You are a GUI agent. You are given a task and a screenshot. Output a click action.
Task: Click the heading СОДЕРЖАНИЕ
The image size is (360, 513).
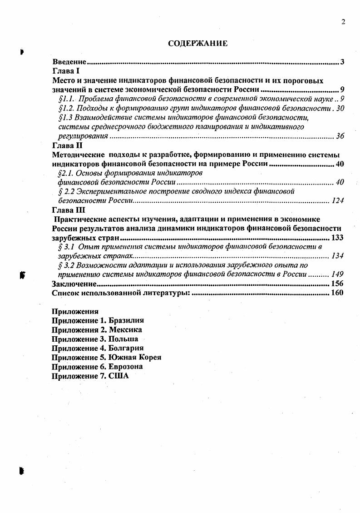click(x=197, y=44)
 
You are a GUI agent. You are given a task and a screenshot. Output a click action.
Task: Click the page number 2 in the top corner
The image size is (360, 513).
click(x=343, y=22)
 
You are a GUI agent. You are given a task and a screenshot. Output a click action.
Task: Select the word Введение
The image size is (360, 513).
click(x=69, y=62)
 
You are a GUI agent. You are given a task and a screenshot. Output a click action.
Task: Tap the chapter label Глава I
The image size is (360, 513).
click(x=66, y=71)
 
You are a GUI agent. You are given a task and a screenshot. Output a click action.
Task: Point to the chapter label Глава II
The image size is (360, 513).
click(x=67, y=145)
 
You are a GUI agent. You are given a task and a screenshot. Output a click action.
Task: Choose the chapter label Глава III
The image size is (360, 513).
click(x=69, y=210)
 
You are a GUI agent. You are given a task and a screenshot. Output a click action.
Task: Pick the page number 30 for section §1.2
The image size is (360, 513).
click(x=340, y=108)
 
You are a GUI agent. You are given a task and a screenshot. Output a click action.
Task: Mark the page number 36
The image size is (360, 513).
click(x=340, y=136)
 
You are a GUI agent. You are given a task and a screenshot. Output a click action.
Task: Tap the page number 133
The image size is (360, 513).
click(x=337, y=238)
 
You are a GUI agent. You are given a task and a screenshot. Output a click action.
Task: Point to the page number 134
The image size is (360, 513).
click(x=337, y=256)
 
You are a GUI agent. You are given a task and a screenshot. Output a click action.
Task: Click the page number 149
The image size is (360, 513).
click(x=337, y=274)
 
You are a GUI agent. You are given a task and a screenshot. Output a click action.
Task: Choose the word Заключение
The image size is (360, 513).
click(x=74, y=284)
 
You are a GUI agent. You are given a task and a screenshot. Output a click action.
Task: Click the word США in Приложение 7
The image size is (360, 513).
click(x=119, y=376)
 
